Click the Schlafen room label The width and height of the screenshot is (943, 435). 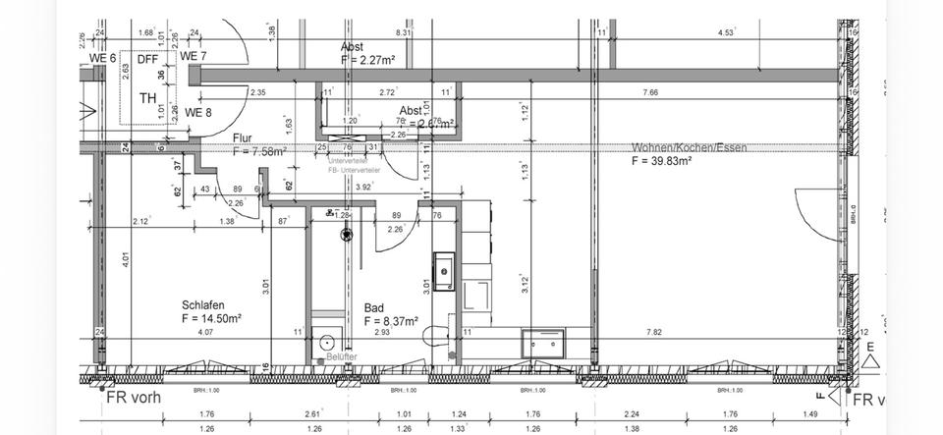click(201, 304)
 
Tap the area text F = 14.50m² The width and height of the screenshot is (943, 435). click(211, 318)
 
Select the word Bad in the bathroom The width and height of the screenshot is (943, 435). click(373, 307)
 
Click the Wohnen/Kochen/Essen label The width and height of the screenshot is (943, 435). click(689, 148)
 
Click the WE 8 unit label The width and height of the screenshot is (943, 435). click(198, 113)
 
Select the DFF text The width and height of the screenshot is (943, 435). click(147, 59)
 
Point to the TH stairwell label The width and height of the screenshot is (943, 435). click(147, 98)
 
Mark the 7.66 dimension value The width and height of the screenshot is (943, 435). click(650, 92)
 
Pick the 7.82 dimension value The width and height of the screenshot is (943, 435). click(653, 333)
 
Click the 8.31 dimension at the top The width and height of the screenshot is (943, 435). click(403, 33)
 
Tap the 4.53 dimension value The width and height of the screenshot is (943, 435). click(726, 33)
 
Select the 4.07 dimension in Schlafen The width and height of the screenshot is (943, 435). click(205, 333)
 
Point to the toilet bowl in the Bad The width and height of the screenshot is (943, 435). click(432, 336)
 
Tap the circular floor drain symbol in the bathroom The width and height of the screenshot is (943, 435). click(346, 235)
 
